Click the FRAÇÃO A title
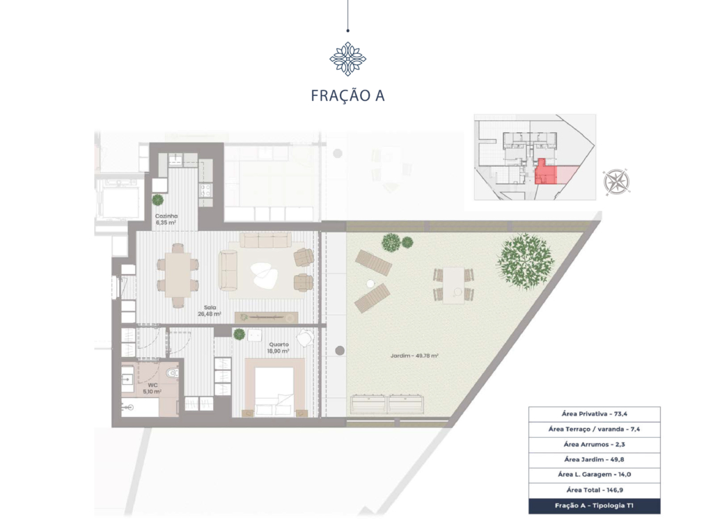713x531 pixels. [x=348, y=95]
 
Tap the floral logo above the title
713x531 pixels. [x=348, y=58]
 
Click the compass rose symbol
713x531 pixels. [x=617, y=182]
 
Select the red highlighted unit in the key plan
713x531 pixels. [x=546, y=173]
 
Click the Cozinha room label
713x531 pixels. [x=166, y=216]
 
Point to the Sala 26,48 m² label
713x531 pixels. [x=210, y=310]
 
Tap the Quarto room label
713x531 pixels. [x=279, y=344]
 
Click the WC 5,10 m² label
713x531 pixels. [x=152, y=388]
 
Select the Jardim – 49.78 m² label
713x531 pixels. [x=414, y=356]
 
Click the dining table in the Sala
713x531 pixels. [x=178, y=275]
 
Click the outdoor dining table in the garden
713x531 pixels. [x=454, y=285]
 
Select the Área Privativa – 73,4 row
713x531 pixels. [x=595, y=414]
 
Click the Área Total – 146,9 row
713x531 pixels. [x=595, y=490]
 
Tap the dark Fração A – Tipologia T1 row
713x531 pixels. [x=595, y=506]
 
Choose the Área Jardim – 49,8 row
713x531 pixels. [x=595, y=459]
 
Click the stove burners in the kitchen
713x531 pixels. [x=205, y=191]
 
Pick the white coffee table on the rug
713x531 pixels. [x=265, y=275]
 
